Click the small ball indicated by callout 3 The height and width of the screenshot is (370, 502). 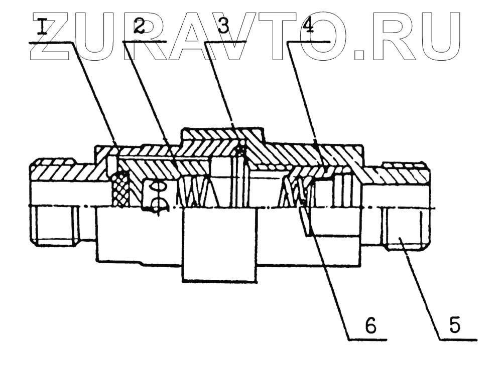[242, 150]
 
